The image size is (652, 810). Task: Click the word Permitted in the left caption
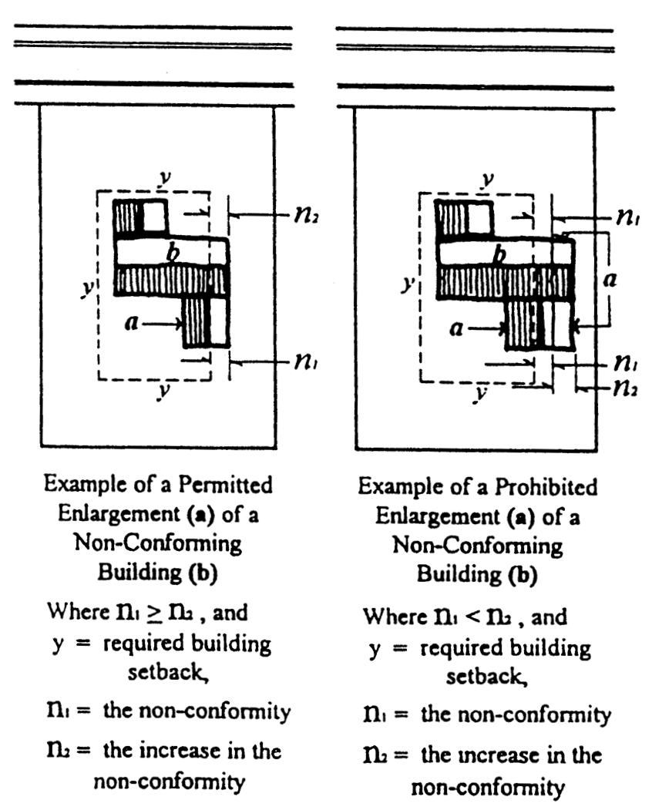point(225,485)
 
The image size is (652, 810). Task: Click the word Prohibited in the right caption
point(546,487)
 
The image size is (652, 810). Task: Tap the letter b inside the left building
point(173,253)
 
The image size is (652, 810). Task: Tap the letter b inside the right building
point(499,254)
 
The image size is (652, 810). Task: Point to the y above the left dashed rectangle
point(164,178)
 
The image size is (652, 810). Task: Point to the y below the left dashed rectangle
point(164,391)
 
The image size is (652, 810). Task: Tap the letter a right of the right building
point(610,280)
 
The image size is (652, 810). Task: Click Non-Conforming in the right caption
point(477,546)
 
